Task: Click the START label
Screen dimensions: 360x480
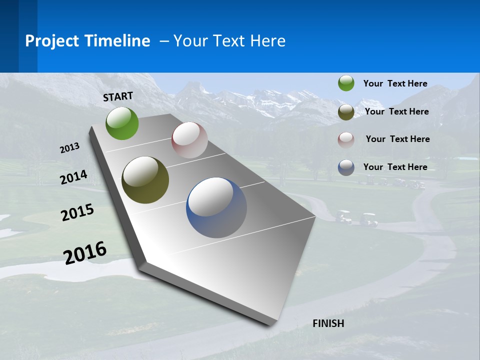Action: [118, 96]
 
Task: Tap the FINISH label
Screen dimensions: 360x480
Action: [328, 323]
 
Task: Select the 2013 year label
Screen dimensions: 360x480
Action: [70, 148]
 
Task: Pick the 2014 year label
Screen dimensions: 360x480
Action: [73, 177]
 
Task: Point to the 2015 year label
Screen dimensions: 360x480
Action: [77, 212]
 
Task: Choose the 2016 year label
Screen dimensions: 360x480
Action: [85, 252]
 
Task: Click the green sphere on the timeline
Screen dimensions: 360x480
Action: [122, 123]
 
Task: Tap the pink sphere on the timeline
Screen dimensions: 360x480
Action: [189, 140]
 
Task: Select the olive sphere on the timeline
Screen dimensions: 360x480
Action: [145, 180]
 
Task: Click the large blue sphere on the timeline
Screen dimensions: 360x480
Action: [216, 207]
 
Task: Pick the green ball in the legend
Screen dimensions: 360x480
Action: [346, 83]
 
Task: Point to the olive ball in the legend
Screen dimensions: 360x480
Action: [346, 112]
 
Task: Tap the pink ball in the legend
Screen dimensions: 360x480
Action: [346, 139]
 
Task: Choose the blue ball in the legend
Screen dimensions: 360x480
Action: [346, 167]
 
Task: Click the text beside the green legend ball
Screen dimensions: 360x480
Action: [395, 83]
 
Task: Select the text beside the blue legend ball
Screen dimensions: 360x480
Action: [395, 167]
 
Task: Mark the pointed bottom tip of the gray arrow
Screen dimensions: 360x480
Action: [270, 325]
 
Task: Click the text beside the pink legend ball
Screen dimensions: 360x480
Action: [397, 139]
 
